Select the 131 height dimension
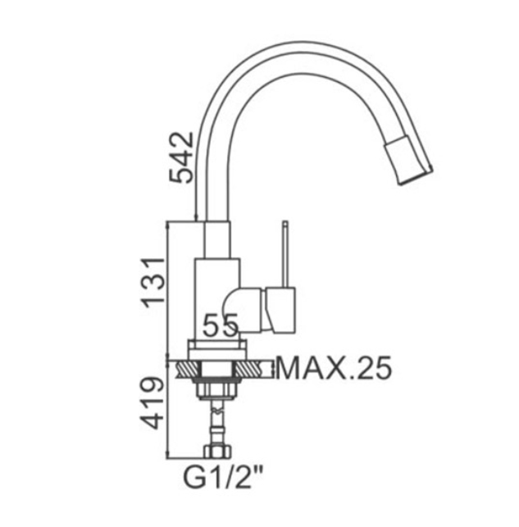tap(153, 281)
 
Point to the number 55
tap(221, 325)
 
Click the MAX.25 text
tap(334, 369)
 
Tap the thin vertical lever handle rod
tap(285, 254)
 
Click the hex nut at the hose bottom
tap(216, 452)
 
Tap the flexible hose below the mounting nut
tap(216, 422)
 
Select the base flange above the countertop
tap(217, 348)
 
